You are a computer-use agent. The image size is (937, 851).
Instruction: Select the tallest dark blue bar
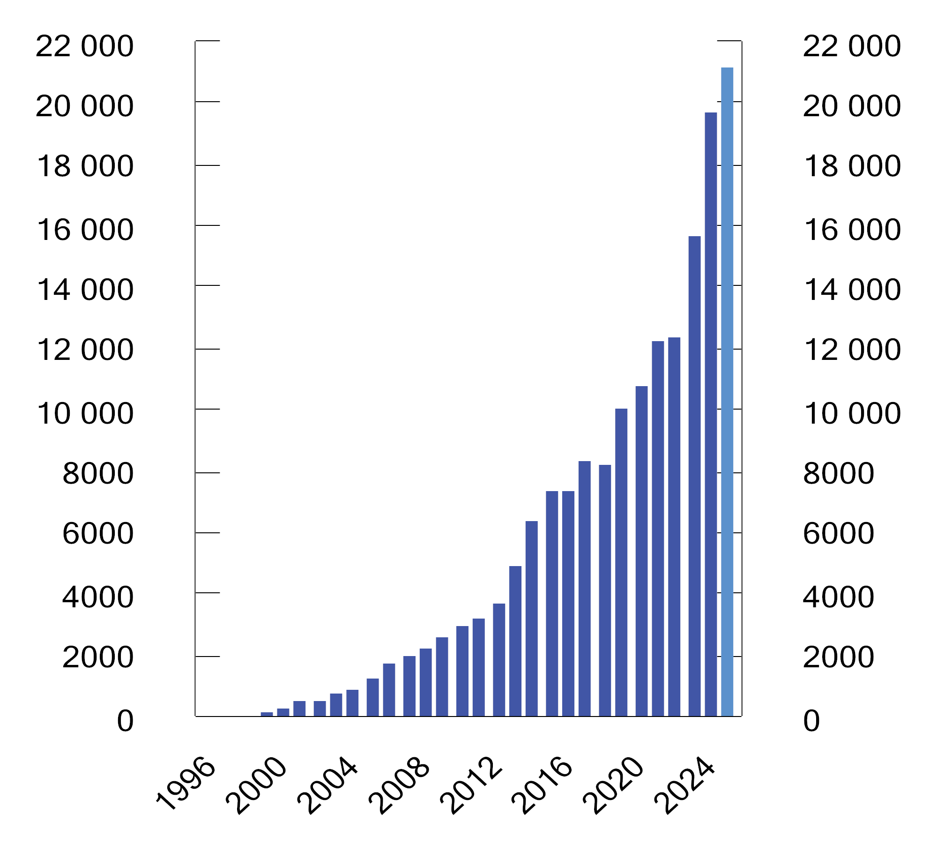coord(710,414)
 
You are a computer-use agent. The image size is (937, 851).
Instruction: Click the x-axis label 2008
coord(399,787)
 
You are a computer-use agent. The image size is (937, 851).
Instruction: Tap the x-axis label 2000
coord(256,787)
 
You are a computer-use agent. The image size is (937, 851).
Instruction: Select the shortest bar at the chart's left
coord(267,714)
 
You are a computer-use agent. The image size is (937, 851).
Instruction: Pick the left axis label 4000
coord(97,597)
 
